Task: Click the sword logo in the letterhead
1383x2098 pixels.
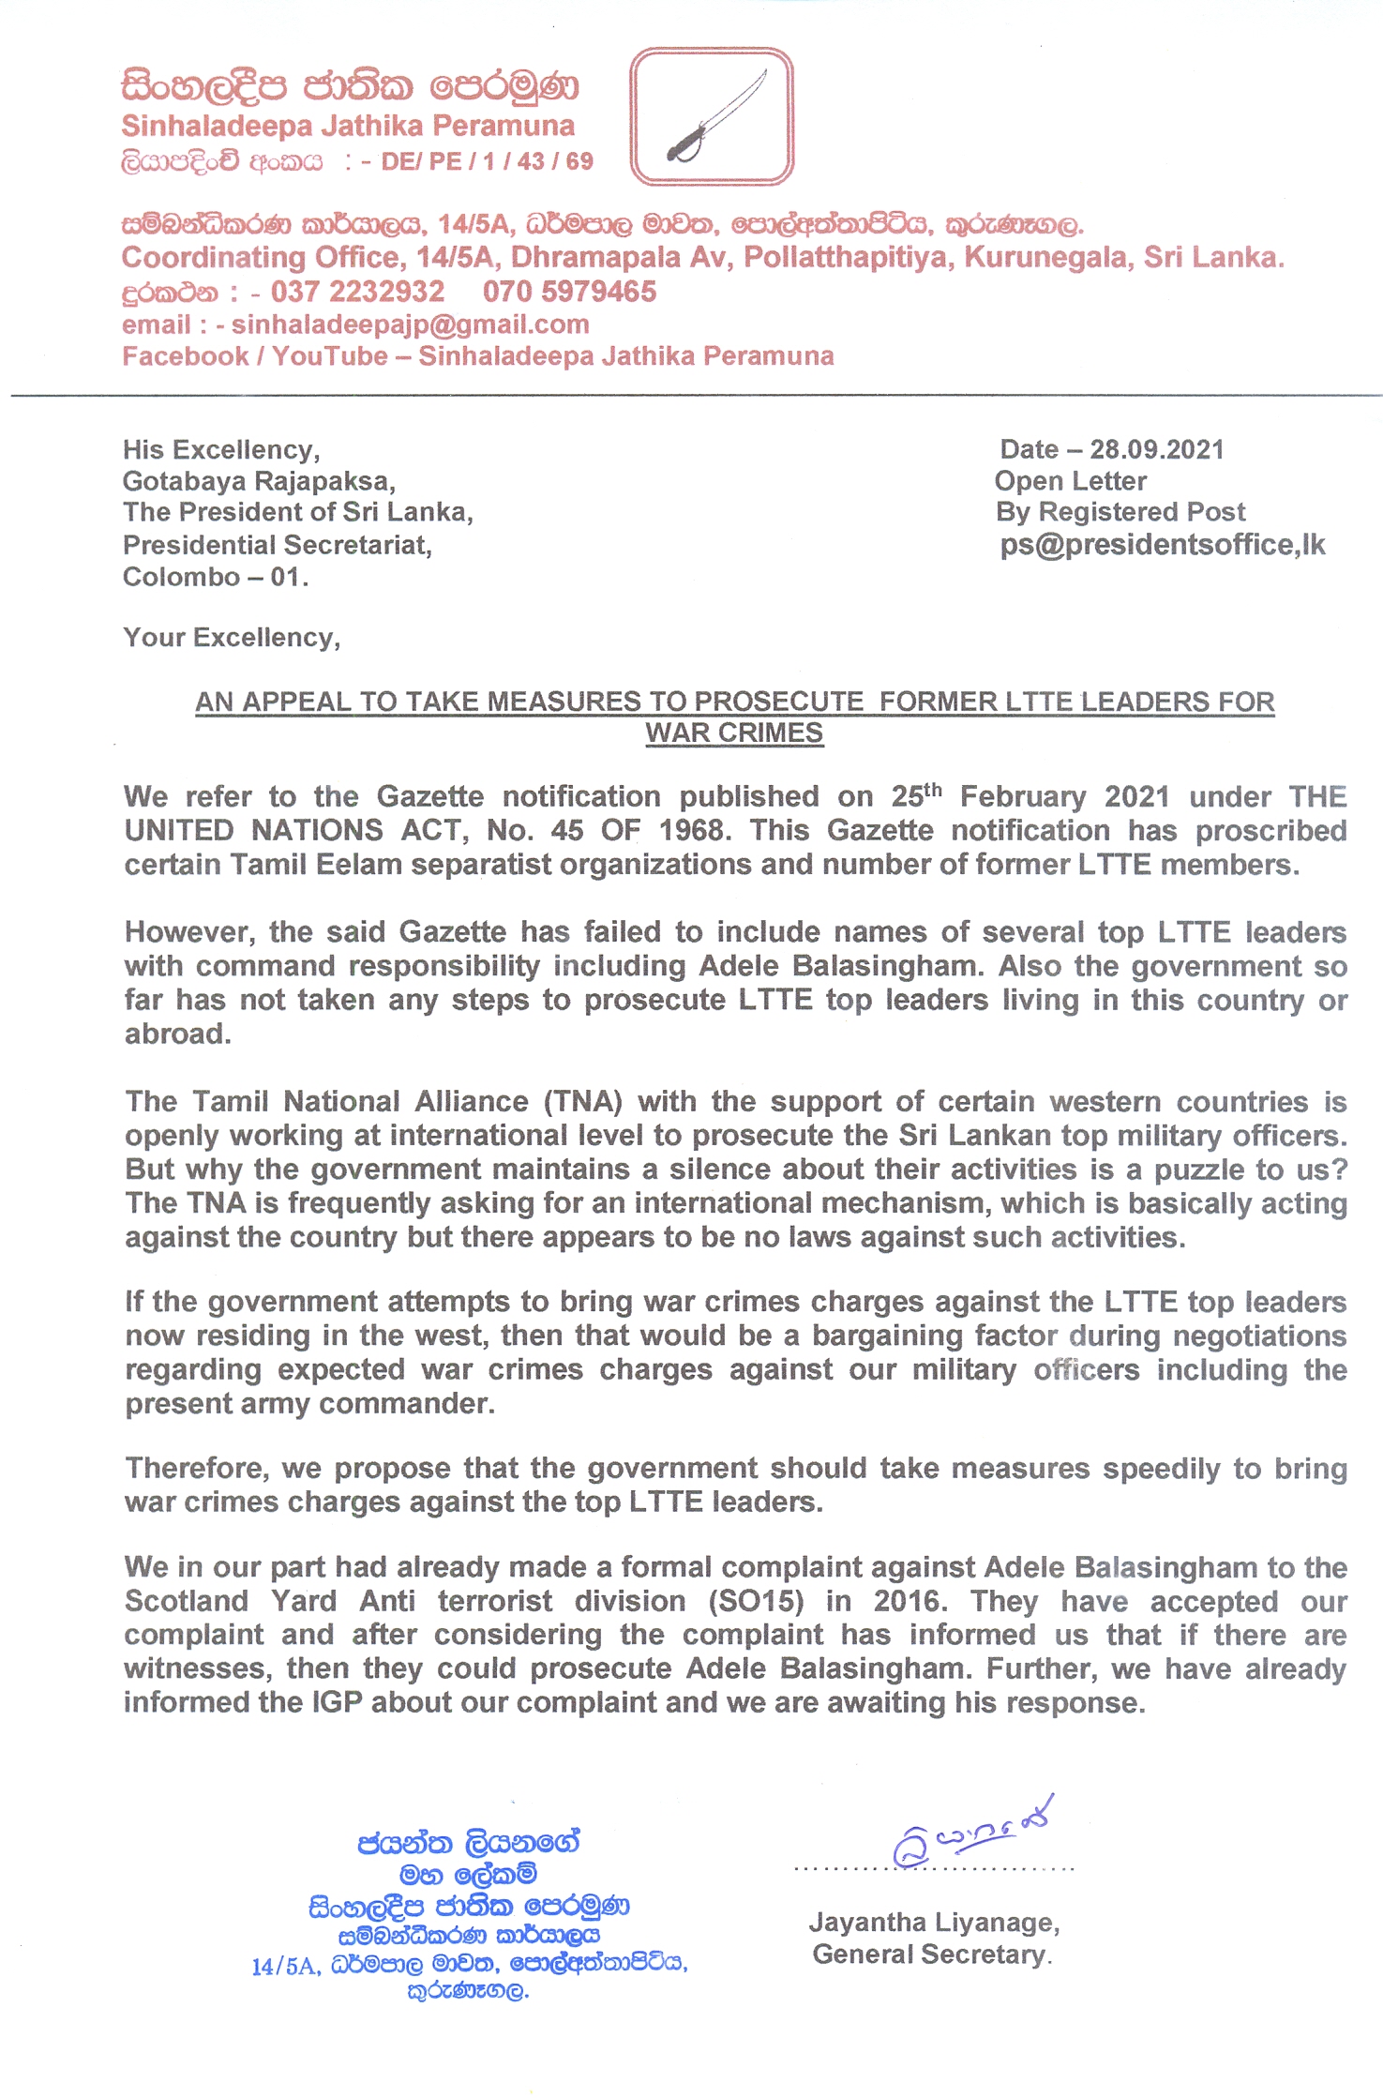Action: pos(712,116)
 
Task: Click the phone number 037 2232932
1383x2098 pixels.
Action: pos(357,292)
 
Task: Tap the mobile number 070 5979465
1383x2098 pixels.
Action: pos(569,292)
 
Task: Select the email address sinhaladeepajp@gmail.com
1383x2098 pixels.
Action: pos(410,325)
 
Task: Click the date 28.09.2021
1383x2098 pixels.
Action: pos(1156,449)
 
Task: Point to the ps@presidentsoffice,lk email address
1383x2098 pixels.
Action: pos(1162,545)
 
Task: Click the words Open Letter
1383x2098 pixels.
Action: pos(1070,481)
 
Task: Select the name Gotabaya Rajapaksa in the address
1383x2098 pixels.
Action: pos(258,481)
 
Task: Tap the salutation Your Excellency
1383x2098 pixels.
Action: pos(231,638)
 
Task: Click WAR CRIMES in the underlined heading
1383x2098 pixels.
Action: pos(733,733)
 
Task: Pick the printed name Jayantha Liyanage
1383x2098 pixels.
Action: pos(933,1923)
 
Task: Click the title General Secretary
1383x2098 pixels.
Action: pos(931,1955)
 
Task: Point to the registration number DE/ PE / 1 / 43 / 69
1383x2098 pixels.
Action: pos(487,161)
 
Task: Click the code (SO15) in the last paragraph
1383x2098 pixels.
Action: pos(757,1601)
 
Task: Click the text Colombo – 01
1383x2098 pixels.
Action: pos(215,577)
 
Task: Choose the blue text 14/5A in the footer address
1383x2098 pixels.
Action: pos(285,1967)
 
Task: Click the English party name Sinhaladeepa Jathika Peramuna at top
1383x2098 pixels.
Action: pos(347,126)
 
